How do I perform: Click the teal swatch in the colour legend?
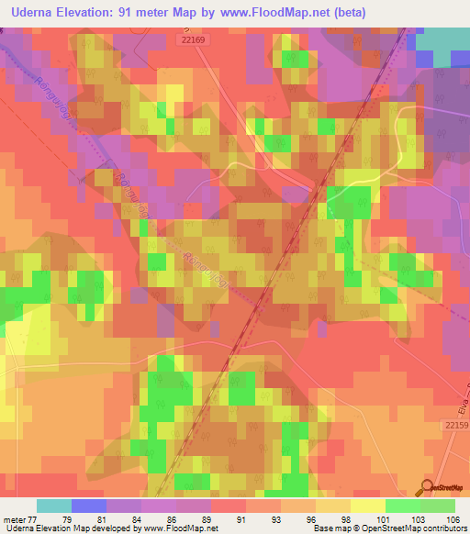pos(54,506)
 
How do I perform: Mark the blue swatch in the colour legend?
pos(89,506)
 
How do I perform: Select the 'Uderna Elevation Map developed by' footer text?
pos(65,528)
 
